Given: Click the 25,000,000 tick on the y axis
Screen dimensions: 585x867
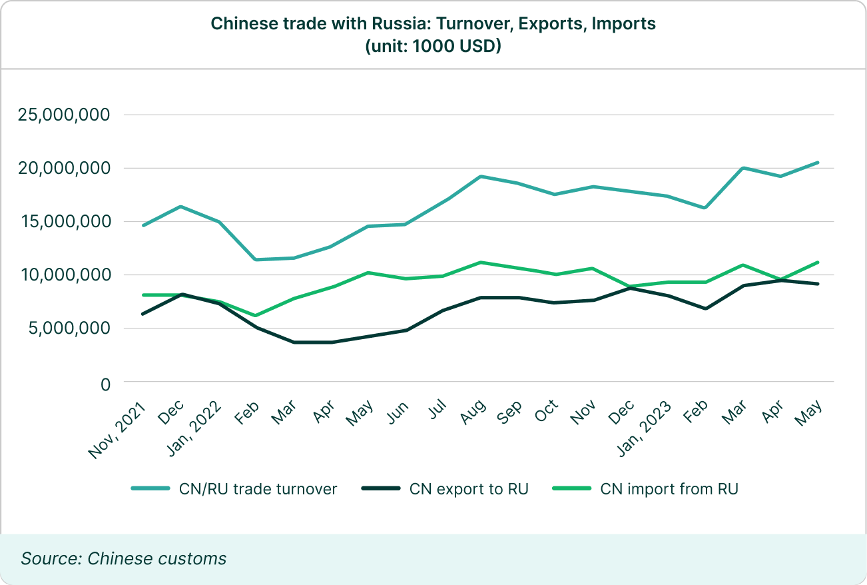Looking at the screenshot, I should click(x=63, y=115).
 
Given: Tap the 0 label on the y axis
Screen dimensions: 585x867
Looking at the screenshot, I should click(x=104, y=384).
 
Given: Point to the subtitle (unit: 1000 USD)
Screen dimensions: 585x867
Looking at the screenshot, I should click(x=433, y=47).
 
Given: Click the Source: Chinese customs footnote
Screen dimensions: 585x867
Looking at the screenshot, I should click(x=124, y=558).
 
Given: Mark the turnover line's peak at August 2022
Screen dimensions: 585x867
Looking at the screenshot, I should click(x=480, y=177).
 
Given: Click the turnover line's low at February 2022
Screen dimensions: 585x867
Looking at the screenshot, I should click(x=256, y=259).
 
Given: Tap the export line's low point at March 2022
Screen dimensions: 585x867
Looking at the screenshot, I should click(x=294, y=342).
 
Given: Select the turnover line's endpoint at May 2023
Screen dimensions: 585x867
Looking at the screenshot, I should click(x=818, y=163).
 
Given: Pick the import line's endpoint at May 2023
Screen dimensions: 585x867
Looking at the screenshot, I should click(x=818, y=263).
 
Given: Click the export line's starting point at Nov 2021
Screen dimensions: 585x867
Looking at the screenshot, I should click(x=143, y=314).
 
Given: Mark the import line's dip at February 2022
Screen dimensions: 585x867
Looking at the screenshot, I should click(x=256, y=316).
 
